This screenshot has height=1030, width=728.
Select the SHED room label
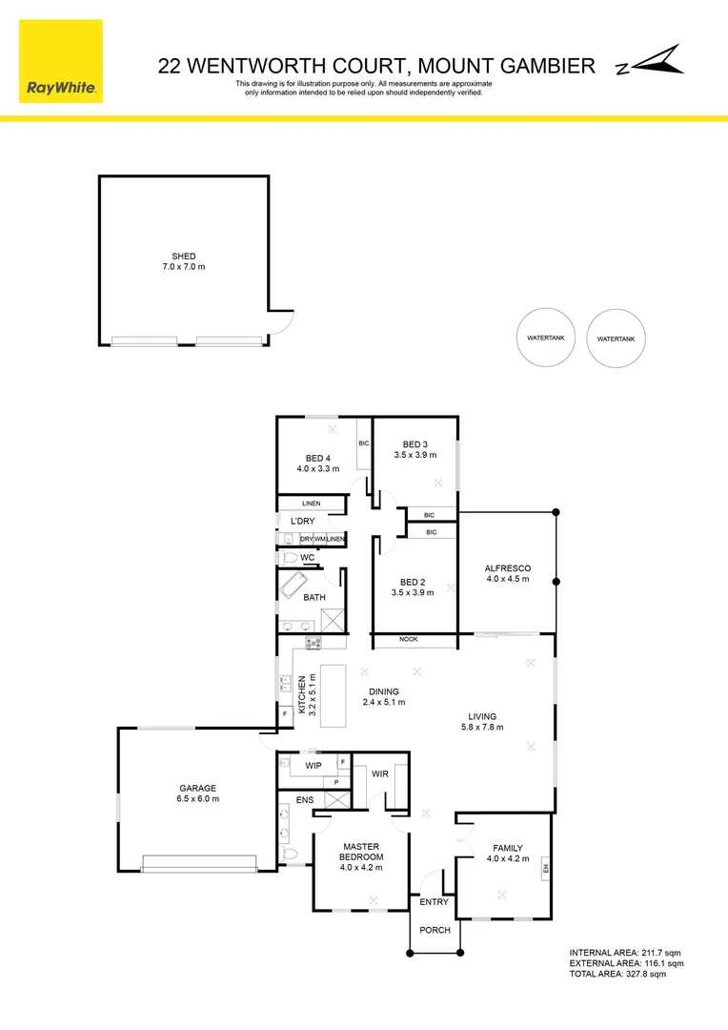[184, 257]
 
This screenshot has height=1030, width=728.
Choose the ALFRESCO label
[508, 568]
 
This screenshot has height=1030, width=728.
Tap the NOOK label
[409, 640]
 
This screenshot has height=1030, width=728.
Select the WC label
[307, 557]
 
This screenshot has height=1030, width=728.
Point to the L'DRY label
[303, 521]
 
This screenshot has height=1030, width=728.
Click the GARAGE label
[197, 789]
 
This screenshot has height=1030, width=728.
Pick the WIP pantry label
[312, 766]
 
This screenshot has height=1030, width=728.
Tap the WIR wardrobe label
[380, 775]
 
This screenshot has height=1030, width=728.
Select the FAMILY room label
[508, 848]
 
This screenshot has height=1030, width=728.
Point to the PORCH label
[435, 930]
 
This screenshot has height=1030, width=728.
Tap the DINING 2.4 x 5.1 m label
[384, 692]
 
